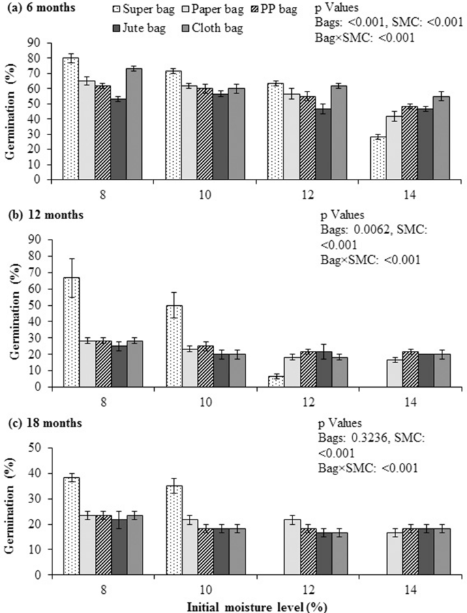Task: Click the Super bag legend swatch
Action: pos(118,10)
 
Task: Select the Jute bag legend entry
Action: pos(148,29)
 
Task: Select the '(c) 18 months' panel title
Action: pos(42,423)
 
